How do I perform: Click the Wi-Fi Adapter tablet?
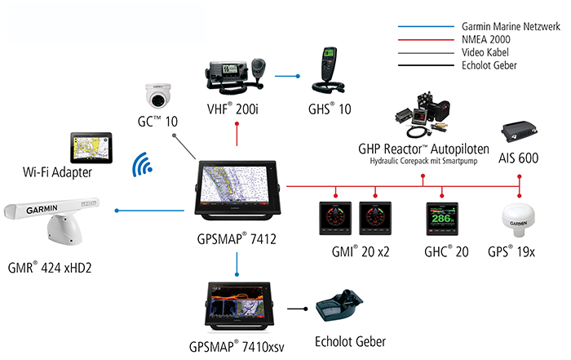click(x=92, y=148)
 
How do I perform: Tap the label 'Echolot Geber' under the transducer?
click(x=350, y=341)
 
